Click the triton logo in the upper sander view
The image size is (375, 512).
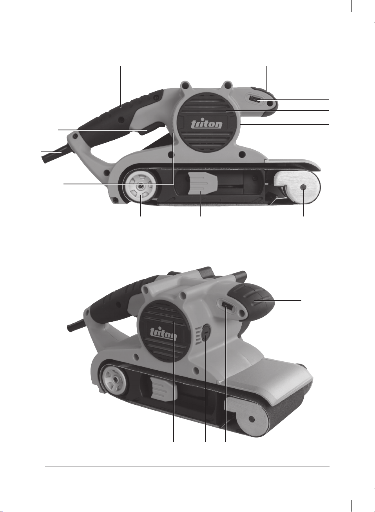point(207,124)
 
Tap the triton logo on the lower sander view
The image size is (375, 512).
point(163,334)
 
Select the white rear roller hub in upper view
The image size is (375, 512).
point(140,187)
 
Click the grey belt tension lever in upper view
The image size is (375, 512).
point(202,184)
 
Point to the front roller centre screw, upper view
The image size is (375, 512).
point(303,187)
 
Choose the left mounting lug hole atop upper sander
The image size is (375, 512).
point(186,85)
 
